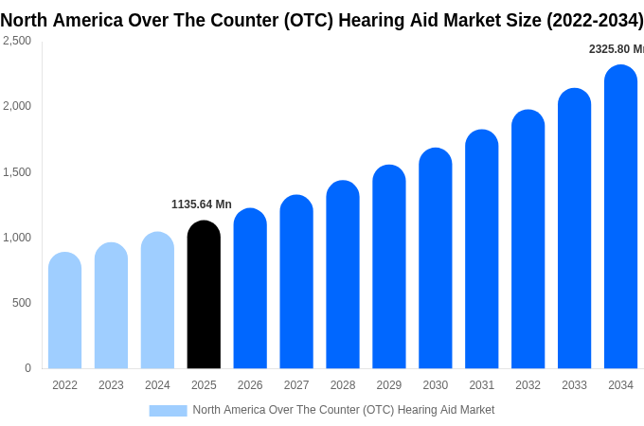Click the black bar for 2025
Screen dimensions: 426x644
point(204,294)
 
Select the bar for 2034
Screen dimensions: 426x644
point(620,217)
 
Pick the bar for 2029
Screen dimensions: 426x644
point(389,267)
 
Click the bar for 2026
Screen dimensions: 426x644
point(250,289)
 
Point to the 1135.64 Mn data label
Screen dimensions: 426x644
point(202,204)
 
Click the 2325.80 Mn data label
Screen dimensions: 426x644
point(616,49)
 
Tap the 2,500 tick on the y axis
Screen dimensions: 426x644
point(16,41)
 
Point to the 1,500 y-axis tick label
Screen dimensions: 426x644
point(16,172)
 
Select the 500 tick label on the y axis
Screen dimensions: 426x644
point(21,303)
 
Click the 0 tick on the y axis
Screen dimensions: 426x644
point(27,368)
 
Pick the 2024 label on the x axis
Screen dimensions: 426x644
point(157,385)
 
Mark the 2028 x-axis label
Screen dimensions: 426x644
point(343,385)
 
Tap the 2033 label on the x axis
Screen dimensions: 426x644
point(574,385)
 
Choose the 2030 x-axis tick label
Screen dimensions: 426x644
point(436,385)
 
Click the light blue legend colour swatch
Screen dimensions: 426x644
point(168,411)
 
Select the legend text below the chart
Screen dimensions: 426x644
point(343,410)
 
